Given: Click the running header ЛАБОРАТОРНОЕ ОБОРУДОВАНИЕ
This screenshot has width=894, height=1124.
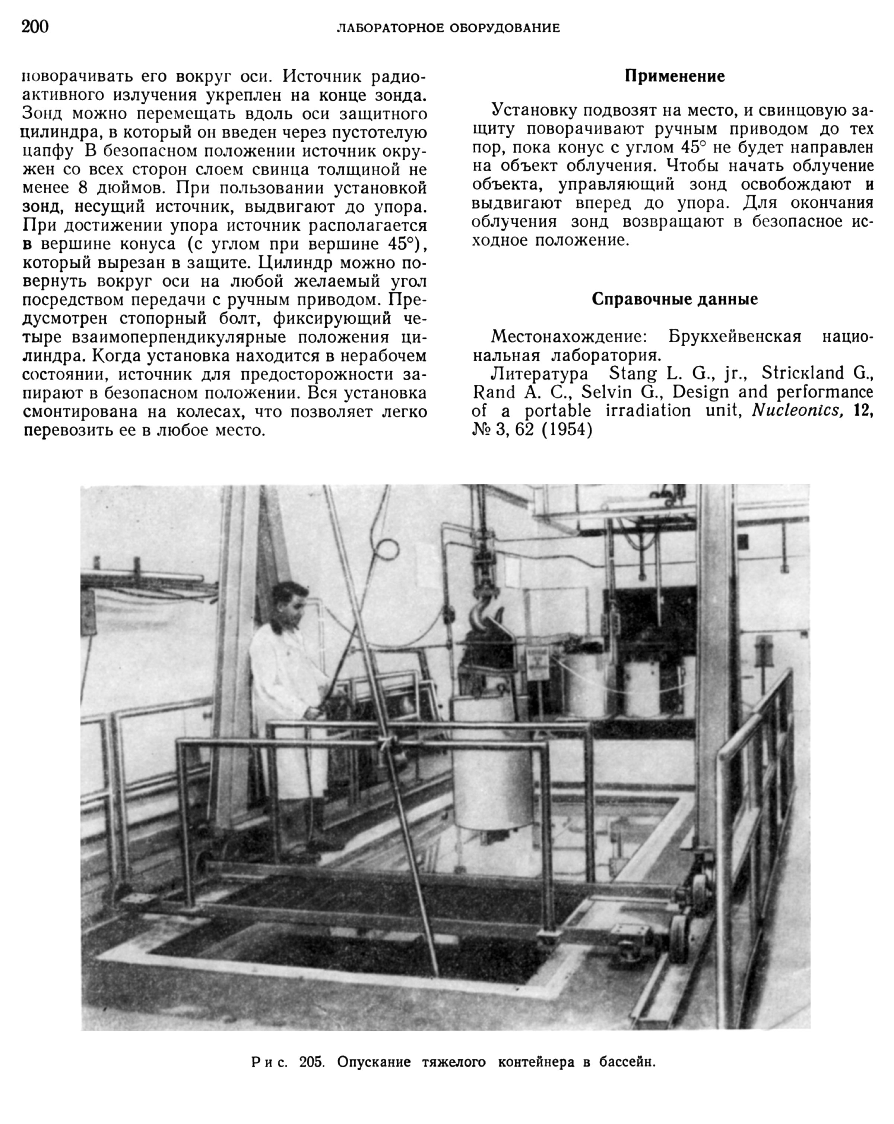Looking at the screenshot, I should (x=448, y=28).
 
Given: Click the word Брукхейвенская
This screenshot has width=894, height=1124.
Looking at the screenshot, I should (x=735, y=336).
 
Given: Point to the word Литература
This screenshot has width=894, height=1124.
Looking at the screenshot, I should (x=539, y=373).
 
